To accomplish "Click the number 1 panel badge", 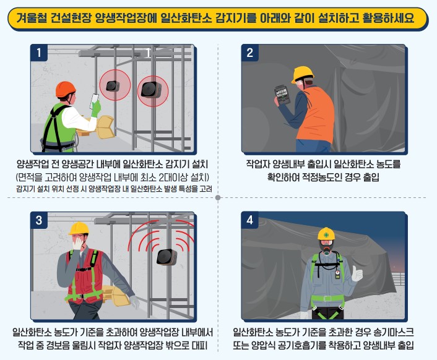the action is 39,53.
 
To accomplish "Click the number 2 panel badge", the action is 249,53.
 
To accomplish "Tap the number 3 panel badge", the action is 39,220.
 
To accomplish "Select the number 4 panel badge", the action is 249,220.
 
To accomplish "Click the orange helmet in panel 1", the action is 66,89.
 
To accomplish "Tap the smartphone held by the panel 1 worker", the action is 95,101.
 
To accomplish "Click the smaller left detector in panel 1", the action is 113,85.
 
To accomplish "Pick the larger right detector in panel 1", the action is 151,89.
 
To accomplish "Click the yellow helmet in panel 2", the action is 302,74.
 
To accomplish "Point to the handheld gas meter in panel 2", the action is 283,95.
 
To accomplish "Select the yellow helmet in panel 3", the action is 79,229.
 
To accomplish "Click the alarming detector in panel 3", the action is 167,257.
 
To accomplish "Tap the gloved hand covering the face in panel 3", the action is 77,242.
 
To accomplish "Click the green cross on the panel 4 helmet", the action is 326,235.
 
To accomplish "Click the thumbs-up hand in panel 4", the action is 357,273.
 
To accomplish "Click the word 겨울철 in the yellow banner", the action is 31,19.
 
